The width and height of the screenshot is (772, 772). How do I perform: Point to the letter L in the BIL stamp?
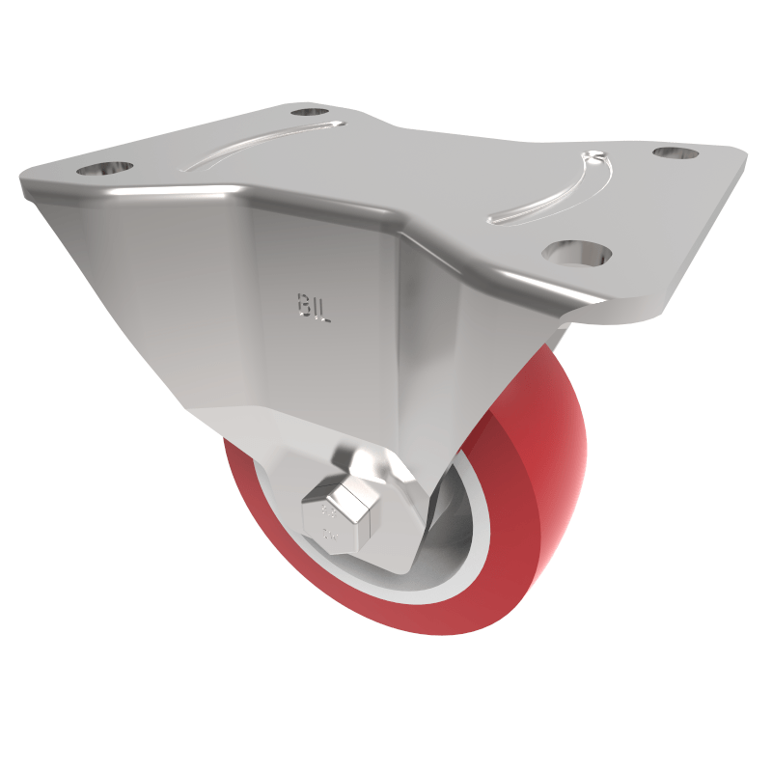(x=324, y=311)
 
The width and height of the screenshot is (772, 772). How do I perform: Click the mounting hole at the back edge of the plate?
(x=310, y=112)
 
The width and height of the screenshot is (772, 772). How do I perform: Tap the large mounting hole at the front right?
(x=577, y=252)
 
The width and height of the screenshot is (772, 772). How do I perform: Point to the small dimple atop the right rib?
(x=592, y=154)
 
